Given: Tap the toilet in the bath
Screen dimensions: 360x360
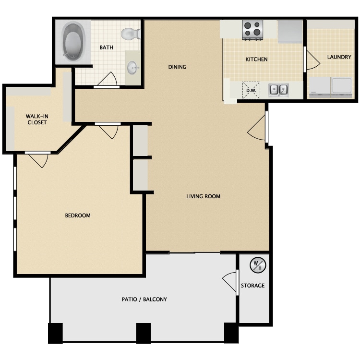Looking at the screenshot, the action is click(131, 34).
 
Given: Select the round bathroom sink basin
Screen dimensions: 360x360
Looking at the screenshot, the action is click(132, 68).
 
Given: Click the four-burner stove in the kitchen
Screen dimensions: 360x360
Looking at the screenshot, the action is click(252, 30).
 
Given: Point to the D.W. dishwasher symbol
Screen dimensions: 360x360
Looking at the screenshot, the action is click(251, 90).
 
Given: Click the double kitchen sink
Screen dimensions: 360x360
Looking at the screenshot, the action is click(278, 90).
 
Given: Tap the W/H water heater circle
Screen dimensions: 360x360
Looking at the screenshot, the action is click(258, 265).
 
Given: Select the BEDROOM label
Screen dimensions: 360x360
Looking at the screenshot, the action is click(78, 216).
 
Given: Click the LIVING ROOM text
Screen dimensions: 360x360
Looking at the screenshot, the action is click(203, 196).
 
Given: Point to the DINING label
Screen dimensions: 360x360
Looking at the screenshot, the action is click(177, 67).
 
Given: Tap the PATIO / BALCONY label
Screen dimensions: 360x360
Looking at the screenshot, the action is click(144, 299).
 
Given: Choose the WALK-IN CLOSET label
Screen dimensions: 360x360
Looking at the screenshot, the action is click(37, 119).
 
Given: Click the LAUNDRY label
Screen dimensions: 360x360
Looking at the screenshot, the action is click(339, 57).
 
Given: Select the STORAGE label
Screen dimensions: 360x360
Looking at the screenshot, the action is click(252, 286).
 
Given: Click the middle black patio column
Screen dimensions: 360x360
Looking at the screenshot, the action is click(144, 333).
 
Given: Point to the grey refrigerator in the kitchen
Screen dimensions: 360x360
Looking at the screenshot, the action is click(290, 32).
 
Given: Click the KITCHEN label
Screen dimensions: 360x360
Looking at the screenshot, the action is click(256, 59).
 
